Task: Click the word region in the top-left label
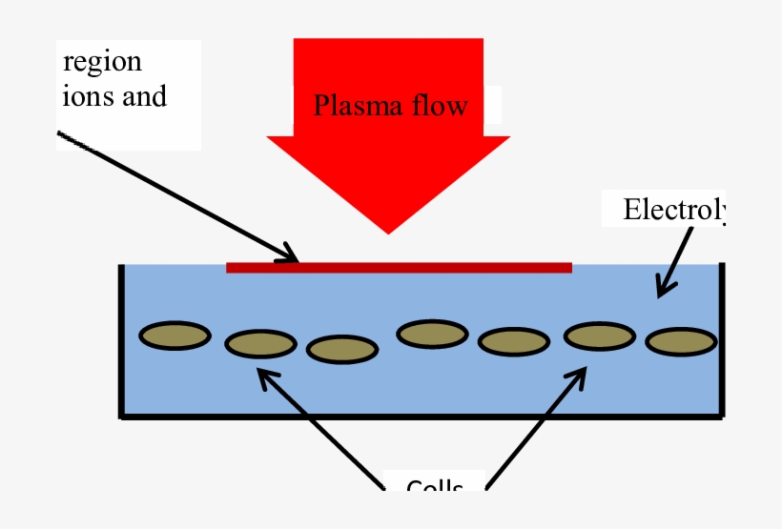(102, 63)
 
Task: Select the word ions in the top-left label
(88, 95)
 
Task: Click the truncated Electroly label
(673, 210)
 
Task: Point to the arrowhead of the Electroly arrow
(663, 284)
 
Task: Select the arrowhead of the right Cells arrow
(579, 376)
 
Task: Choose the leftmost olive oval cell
(175, 336)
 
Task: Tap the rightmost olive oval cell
(682, 340)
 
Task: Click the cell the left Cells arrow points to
(260, 343)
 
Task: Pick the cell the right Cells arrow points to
(600, 336)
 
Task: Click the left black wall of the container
(121, 341)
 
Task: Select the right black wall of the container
(722, 341)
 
